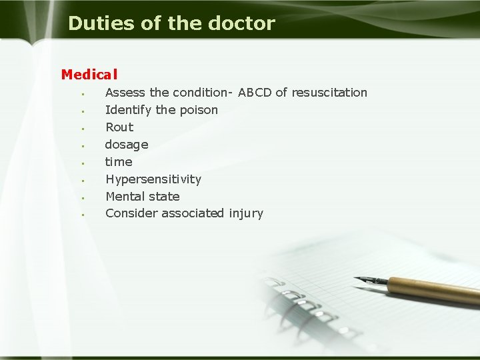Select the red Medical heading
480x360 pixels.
(x=89, y=75)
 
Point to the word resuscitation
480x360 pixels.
(x=329, y=93)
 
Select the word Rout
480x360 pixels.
(x=119, y=127)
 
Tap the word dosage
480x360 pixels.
(x=127, y=145)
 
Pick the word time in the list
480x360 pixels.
(x=119, y=162)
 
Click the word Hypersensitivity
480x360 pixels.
(x=153, y=179)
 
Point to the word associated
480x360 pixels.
(x=192, y=213)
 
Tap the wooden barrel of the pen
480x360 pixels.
(x=433, y=291)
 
